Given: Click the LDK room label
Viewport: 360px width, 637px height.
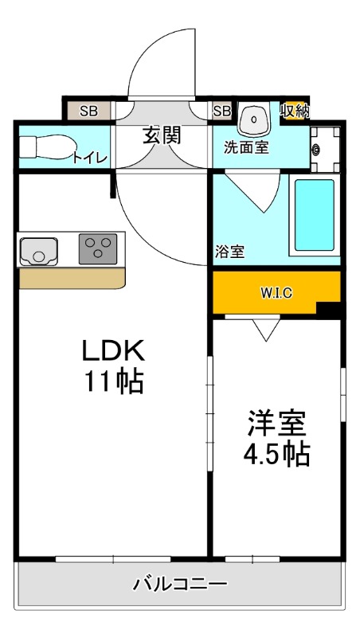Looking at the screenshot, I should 113,350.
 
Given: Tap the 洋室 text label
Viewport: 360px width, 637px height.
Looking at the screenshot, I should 276,421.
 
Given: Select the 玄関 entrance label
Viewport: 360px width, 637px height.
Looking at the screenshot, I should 162,135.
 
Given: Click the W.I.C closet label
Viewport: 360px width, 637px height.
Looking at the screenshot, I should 276,292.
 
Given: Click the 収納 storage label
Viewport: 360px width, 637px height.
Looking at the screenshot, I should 295,111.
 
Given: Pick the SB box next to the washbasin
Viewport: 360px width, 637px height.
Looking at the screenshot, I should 221,111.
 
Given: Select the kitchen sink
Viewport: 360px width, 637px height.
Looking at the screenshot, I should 36,251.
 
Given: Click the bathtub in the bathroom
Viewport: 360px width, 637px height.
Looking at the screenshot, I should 315,215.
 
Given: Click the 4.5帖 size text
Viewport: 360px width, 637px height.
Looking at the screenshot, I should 276,455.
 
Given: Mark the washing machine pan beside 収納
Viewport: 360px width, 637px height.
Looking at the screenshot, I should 323,149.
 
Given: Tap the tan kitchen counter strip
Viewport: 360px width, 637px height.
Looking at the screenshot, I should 72,279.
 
